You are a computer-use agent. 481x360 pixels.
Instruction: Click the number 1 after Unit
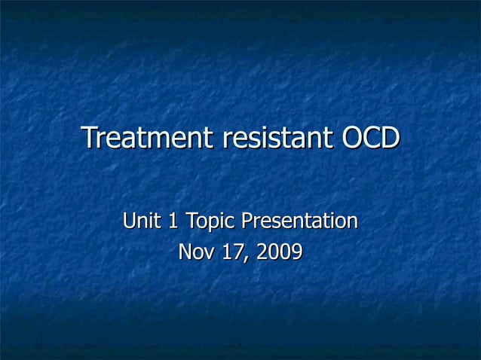pos(173,221)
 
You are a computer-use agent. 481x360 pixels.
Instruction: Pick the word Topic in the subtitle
pos(210,222)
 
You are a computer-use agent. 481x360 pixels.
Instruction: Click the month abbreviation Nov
pos(195,252)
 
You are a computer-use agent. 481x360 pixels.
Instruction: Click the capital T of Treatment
pos(89,139)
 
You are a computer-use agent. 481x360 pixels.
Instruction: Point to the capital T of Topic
pos(191,221)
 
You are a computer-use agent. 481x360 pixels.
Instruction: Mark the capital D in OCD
pos(389,139)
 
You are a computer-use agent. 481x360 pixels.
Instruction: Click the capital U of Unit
pos(130,221)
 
